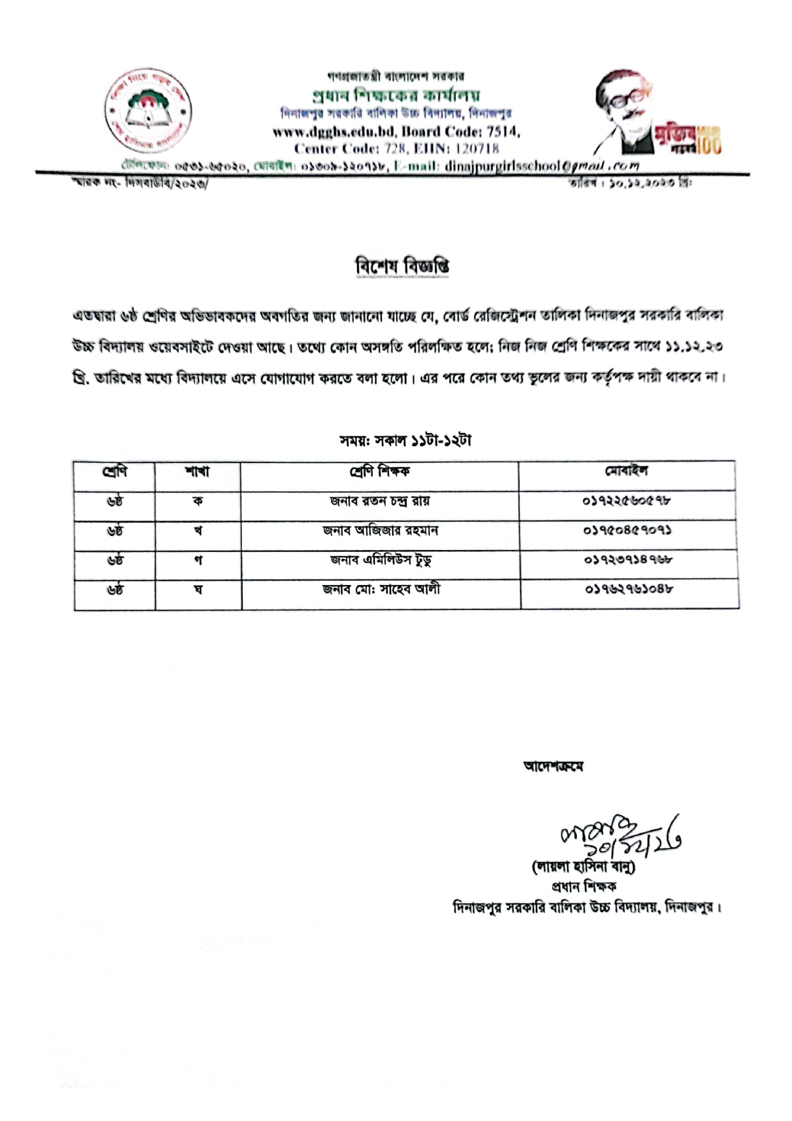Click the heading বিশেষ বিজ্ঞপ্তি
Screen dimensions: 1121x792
(402, 266)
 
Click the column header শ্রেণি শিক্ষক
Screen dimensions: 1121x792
(379, 472)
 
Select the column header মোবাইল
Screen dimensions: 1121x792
(626, 471)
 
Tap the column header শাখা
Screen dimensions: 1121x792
(197, 472)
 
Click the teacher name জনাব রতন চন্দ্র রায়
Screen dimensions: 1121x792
(380, 501)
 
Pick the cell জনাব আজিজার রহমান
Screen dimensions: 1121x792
(380, 531)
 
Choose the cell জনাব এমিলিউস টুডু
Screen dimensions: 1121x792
(381, 560)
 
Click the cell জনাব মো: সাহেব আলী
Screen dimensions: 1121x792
(381, 590)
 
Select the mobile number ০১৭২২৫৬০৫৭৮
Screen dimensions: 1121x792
(627, 501)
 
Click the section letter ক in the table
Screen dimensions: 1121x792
(197, 501)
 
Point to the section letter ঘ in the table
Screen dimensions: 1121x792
(198, 590)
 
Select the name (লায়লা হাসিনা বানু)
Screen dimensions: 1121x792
(583, 867)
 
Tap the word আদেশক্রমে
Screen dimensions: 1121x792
(553, 766)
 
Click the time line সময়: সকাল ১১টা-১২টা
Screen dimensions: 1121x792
(406, 441)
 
